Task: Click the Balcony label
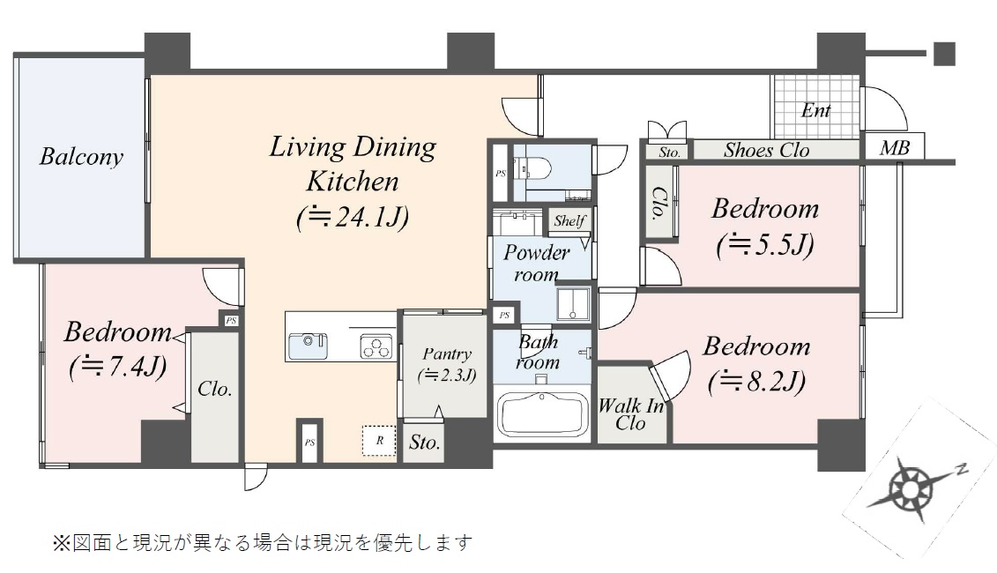pos(81,156)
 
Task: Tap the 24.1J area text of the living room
pos(353,218)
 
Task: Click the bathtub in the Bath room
pos(543,414)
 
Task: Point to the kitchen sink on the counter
pos(309,346)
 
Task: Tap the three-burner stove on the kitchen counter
pos(376,346)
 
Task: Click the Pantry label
pos(447,354)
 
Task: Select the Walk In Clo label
pos(631,414)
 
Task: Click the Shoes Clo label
pos(766,151)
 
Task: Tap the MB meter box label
pos(895,148)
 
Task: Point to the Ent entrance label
pos(815,111)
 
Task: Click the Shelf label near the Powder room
pos(569,220)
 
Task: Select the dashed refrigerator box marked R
pos(380,440)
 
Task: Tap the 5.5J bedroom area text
pos(765,245)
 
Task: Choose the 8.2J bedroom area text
pos(756,382)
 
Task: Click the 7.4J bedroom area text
pos(117,367)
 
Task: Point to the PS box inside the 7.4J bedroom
pos(231,321)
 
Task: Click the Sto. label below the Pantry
pos(424,442)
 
